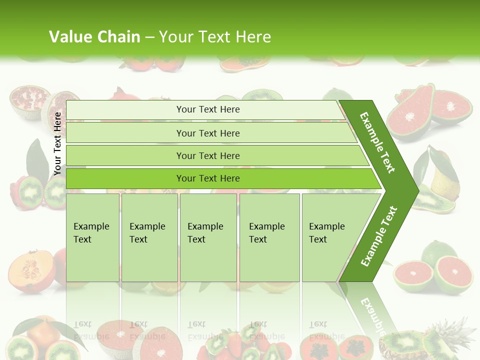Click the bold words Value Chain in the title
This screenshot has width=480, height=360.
pyautogui.click(x=94, y=37)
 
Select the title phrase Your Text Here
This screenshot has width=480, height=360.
pyautogui.click(x=215, y=37)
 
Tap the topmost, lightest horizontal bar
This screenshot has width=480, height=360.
pyautogui.click(x=205, y=109)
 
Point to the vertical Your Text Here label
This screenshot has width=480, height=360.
pyautogui.click(x=57, y=143)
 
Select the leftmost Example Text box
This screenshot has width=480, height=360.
pyautogui.click(x=92, y=237)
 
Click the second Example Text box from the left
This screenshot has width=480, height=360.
pyautogui.click(x=149, y=237)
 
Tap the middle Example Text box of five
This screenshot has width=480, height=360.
pyautogui.click(x=208, y=237)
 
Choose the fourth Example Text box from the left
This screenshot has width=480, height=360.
pyautogui.click(x=269, y=237)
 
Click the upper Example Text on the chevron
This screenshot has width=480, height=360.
pyautogui.click(x=377, y=142)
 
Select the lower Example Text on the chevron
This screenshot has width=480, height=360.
pyautogui.click(x=379, y=236)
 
